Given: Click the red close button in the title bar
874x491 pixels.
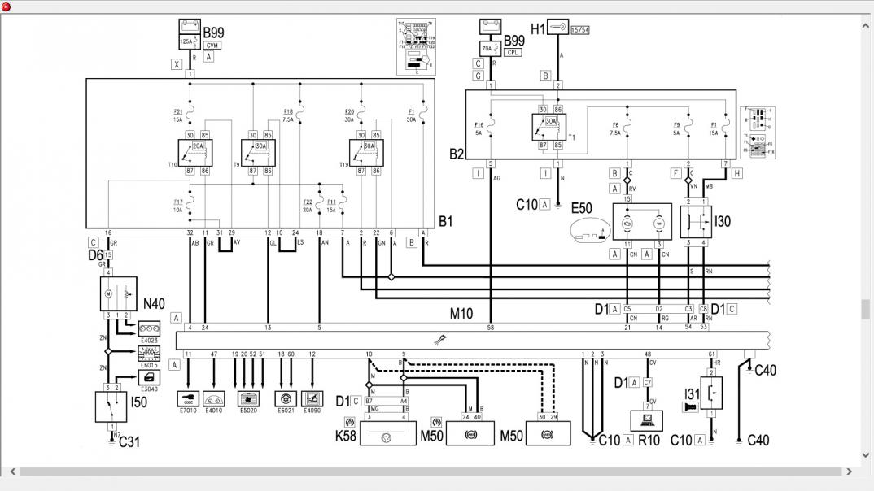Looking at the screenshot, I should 7,7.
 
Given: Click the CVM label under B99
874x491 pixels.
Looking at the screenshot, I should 212,46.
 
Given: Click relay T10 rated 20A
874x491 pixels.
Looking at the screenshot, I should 195,152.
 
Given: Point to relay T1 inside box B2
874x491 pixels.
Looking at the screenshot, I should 549,126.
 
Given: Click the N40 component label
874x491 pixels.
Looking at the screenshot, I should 154,304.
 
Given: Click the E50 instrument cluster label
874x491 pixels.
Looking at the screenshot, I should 582,208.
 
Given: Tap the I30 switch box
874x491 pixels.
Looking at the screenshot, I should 696,221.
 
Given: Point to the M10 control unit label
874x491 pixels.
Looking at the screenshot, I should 461,313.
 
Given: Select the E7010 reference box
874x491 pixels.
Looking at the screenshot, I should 188,399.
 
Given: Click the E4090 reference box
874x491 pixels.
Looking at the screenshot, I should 312,399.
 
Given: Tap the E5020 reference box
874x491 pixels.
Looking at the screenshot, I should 247,399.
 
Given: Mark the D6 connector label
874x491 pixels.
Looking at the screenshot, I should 95,254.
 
